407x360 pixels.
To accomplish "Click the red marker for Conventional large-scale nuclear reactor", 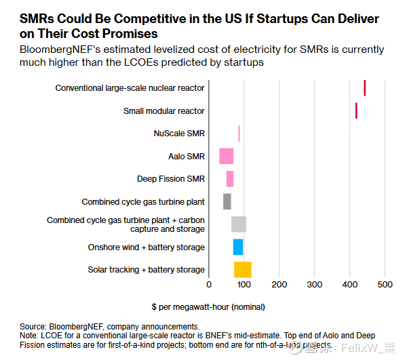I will click(365, 88).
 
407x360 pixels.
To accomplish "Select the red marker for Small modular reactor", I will click(356, 111).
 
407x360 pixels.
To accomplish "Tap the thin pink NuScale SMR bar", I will click(239, 133).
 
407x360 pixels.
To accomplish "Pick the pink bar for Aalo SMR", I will click(226, 156).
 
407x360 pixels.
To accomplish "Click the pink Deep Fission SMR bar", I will click(230, 179).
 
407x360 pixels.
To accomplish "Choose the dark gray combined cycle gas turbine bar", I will click(227, 201).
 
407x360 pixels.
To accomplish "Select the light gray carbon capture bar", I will click(239, 224).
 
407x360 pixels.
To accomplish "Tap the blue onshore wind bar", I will click(238, 247).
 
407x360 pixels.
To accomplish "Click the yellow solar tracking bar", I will click(243, 270).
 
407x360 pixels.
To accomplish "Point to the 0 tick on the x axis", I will click(209, 284).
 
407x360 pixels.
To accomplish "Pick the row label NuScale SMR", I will click(179, 134).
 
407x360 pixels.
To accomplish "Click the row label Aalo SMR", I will click(187, 157).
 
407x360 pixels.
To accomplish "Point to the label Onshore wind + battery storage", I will click(147, 247).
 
